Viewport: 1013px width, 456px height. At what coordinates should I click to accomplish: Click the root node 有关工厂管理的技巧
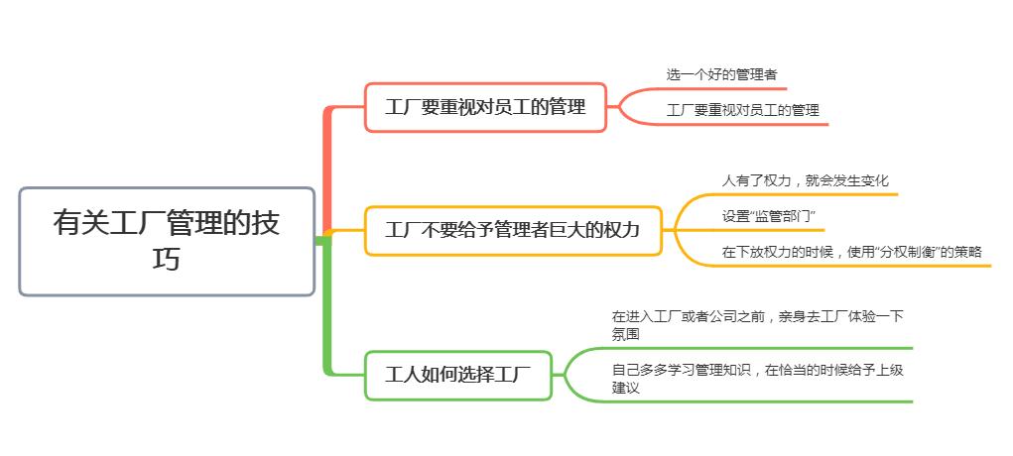(x=167, y=241)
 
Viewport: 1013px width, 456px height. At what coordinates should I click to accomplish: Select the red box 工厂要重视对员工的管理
(x=485, y=107)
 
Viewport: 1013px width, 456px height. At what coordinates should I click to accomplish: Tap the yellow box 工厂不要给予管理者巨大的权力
(x=512, y=231)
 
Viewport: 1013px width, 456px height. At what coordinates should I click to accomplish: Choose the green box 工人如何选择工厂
(x=458, y=376)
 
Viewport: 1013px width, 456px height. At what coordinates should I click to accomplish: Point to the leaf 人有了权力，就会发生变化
(x=805, y=180)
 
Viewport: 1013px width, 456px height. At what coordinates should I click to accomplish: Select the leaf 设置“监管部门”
(x=768, y=216)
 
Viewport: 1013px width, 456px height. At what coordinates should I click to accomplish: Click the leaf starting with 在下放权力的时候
(x=851, y=252)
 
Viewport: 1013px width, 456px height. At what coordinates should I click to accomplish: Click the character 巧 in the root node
(x=167, y=260)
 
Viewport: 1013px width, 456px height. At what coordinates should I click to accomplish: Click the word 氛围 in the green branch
(x=625, y=335)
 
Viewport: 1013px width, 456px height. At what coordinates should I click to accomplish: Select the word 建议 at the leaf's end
(x=625, y=389)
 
